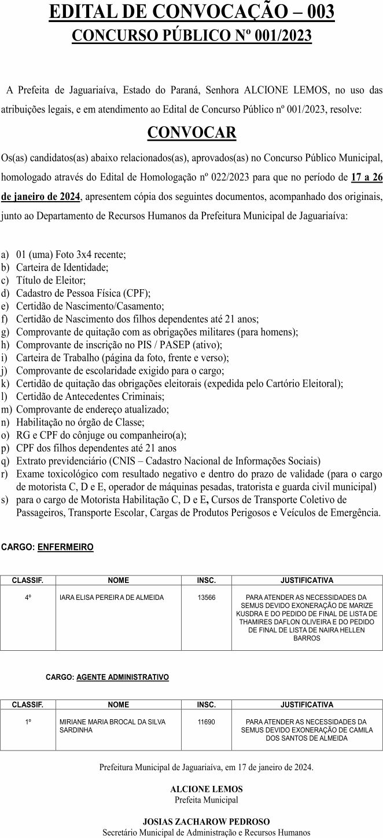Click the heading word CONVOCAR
pyautogui.click(x=191, y=133)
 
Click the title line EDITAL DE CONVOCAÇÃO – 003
pyautogui.click(x=191, y=12)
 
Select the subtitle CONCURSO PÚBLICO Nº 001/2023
pyautogui.click(x=191, y=35)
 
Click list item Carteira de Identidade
pyautogui.click(x=62, y=267)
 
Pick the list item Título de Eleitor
pyautogui.click(x=51, y=280)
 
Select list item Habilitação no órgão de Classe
pyautogui.click(x=80, y=422)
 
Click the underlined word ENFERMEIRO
pyautogui.click(x=65, y=546)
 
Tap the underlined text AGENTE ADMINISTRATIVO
pyautogui.click(x=123, y=677)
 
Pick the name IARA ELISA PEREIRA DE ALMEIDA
pyautogui.click(x=112, y=597)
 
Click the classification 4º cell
pyautogui.click(x=28, y=597)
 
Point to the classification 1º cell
pyautogui.click(x=28, y=722)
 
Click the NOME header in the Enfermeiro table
pyautogui.click(x=119, y=580)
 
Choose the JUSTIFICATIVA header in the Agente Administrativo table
pyautogui.click(x=307, y=705)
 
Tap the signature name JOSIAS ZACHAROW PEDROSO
pyautogui.click(x=206, y=821)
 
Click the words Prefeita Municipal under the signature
pyautogui.click(x=206, y=800)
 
